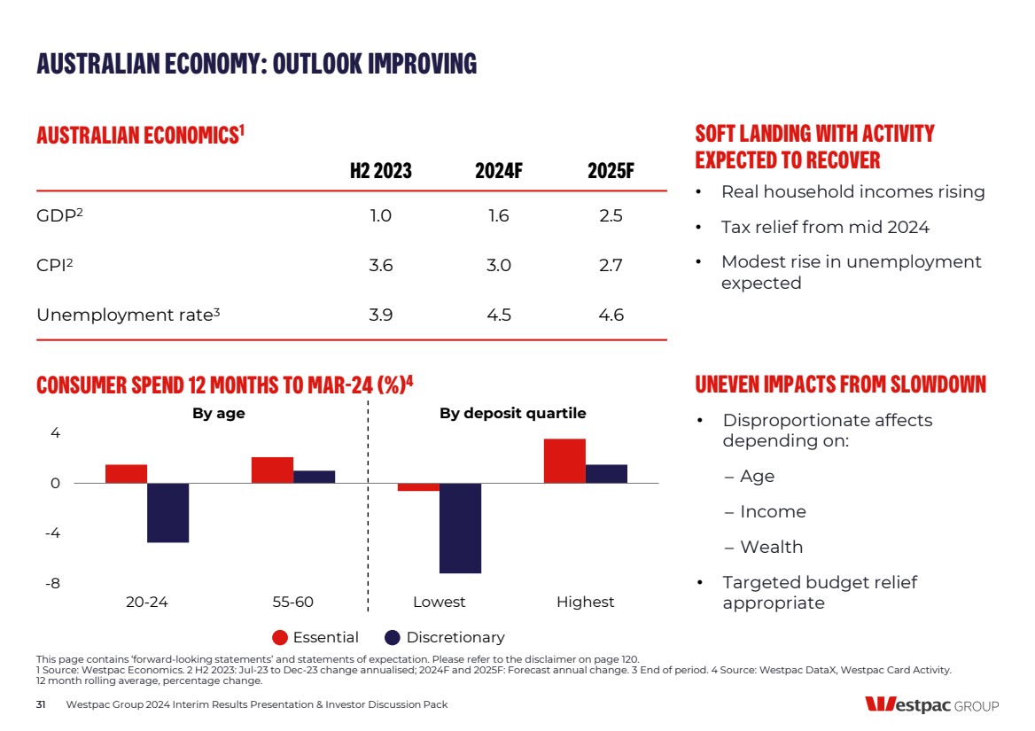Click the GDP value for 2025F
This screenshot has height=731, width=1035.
click(x=611, y=216)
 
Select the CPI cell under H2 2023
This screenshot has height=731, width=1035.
click(x=380, y=266)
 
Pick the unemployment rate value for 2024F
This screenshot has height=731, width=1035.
click(x=498, y=315)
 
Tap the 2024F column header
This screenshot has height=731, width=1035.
click(x=498, y=171)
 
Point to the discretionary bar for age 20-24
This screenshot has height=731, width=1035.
click(x=167, y=512)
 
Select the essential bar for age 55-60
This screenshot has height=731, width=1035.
click(x=272, y=470)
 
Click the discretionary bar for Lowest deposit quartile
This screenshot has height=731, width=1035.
click(x=460, y=528)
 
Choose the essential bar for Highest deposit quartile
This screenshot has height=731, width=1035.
click(x=564, y=461)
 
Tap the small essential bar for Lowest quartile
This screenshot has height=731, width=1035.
click(x=418, y=486)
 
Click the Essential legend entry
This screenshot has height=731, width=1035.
click(x=315, y=637)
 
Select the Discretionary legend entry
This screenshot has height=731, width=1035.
click(x=445, y=637)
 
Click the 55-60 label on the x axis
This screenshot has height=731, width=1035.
click(x=292, y=603)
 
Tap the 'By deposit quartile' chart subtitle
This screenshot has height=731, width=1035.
click(x=512, y=414)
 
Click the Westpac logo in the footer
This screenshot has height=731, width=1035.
click(x=931, y=705)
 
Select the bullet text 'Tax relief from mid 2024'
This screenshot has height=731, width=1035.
click(x=825, y=228)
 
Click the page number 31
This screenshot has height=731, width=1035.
click(x=41, y=704)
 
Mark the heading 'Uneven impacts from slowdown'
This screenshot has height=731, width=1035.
click(x=840, y=385)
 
